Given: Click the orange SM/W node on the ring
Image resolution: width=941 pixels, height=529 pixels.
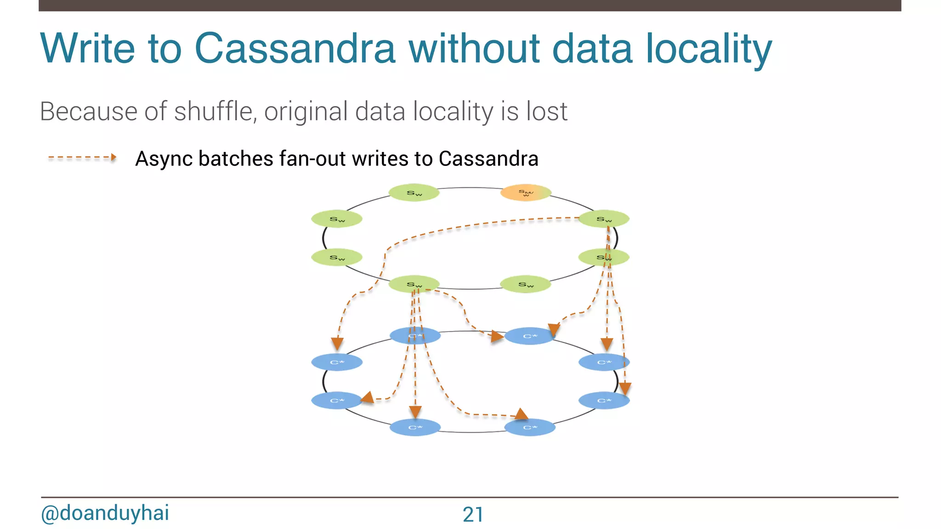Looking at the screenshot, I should click(525, 192).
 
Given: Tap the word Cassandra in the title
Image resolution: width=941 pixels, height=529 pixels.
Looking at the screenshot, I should click(295, 48).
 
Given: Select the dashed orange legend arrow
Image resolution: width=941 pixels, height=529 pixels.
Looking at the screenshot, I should click(82, 158).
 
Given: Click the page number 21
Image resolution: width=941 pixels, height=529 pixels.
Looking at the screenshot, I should click(473, 514).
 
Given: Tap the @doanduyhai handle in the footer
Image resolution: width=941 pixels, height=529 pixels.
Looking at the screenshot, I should click(105, 513).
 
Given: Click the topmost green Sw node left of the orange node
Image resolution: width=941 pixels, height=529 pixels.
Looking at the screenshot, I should click(414, 193).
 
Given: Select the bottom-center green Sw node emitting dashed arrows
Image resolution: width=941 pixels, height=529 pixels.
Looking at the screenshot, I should click(414, 284).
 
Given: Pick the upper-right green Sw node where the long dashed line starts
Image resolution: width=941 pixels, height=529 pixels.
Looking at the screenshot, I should click(604, 219).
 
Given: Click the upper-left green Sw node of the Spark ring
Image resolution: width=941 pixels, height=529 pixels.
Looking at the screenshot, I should click(337, 219).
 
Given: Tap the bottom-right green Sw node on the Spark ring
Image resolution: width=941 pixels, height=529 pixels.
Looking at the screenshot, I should click(525, 284).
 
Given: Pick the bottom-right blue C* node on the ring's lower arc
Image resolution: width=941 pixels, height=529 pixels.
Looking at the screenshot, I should click(529, 428).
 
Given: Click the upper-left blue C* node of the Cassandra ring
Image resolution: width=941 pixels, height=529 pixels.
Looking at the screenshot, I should click(337, 362).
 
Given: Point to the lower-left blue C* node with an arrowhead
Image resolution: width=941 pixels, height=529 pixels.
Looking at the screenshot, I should click(337, 400).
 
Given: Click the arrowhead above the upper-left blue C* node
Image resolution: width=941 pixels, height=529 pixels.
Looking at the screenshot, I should click(337, 343).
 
